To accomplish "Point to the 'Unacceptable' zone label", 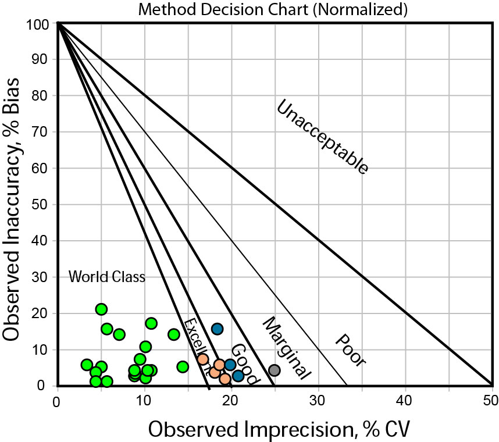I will (322, 137).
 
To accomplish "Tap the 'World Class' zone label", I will (106, 277).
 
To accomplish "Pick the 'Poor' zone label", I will (350, 351).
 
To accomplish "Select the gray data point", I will (275, 370).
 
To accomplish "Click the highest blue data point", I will (217, 329).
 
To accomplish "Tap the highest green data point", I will (101, 309).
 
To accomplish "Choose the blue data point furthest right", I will (238, 376).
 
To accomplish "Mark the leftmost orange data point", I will (202, 359).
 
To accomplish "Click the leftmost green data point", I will (87, 365).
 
